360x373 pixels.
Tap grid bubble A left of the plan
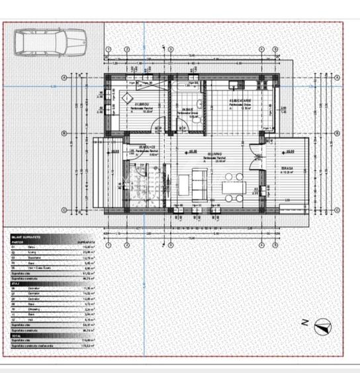coord(64,78)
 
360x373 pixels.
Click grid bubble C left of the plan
coord(64,210)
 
